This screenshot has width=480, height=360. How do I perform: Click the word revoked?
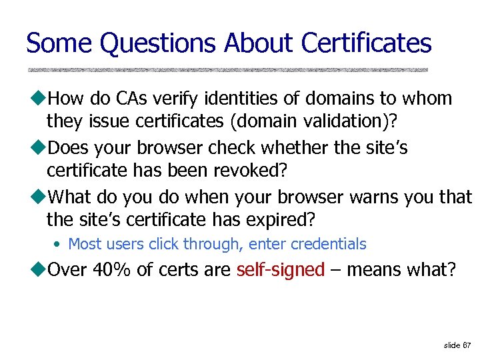tap(250, 170)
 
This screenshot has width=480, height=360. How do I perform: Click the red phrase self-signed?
tap(281, 270)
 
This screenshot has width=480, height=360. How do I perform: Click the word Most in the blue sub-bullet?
tap(84, 245)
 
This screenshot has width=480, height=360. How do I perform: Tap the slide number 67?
tap(467, 345)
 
